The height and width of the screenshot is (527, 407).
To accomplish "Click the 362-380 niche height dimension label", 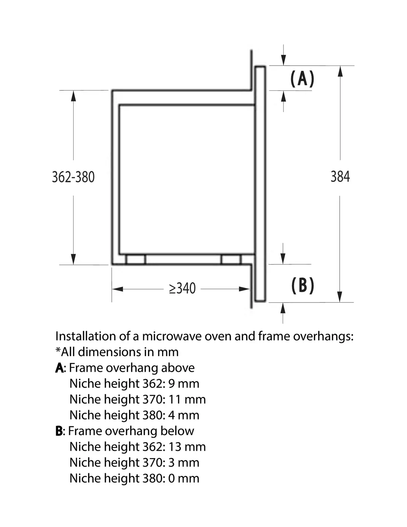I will click(x=73, y=177).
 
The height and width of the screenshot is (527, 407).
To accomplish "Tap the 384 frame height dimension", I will click(x=340, y=176).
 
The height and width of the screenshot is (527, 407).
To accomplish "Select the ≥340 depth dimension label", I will click(x=182, y=288).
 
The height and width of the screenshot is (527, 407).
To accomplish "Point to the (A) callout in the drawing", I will click(x=302, y=79).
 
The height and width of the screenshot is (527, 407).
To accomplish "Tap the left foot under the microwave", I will click(x=135, y=259).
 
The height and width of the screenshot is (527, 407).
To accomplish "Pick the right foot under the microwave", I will click(x=231, y=259).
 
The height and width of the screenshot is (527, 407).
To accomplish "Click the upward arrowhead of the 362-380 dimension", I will click(x=73, y=96).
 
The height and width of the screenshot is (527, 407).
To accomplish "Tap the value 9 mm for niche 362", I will click(x=184, y=384).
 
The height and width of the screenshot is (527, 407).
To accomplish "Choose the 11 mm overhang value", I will click(x=187, y=400).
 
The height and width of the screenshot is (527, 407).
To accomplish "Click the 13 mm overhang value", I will click(x=187, y=447).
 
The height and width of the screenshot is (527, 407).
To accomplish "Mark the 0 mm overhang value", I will click(x=184, y=478).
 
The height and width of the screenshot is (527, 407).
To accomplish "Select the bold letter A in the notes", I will click(x=59, y=368).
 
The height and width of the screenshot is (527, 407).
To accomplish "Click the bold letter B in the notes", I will click(x=59, y=431).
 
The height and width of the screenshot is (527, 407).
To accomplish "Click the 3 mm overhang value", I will click(x=184, y=463).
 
